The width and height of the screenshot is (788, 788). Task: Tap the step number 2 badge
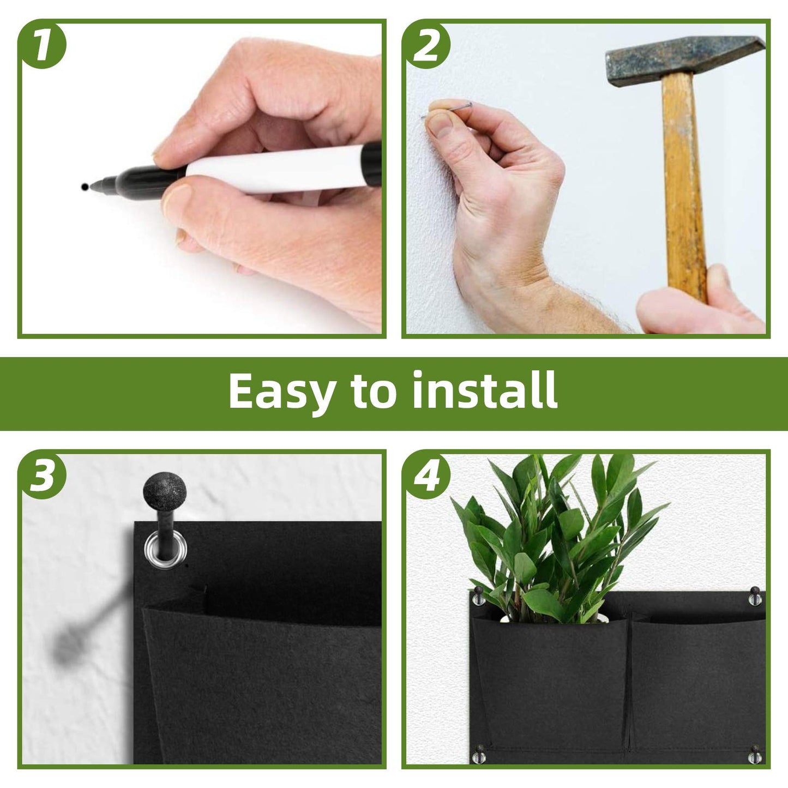pyautogui.click(x=426, y=45)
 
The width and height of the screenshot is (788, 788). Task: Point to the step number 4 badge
pyautogui.click(x=427, y=475)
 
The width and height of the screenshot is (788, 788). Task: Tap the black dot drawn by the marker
pyautogui.click(x=84, y=187)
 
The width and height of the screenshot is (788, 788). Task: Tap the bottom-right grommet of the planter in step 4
pyautogui.click(x=755, y=755)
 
